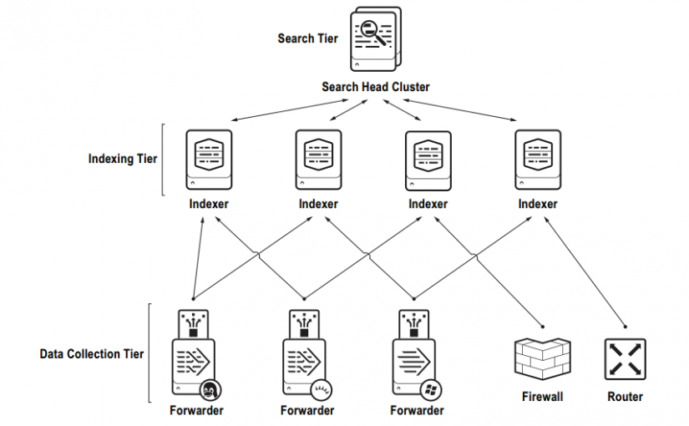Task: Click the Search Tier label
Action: [308, 38]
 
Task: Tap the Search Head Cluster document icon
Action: [374, 39]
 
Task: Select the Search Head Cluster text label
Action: [376, 87]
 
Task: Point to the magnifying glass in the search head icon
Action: [377, 35]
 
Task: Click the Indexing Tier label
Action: [123, 158]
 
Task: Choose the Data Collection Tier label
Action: [92, 354]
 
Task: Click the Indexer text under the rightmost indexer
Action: [537, 204]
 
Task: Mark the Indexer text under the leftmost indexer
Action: [208, 204]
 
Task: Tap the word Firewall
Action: [541, 397]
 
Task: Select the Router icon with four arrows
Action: [625, 359]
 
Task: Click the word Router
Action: [625, 397]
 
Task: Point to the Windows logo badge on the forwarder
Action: [431, 389]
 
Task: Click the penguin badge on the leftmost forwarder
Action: [210, 389]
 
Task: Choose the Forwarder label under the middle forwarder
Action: [307, 410]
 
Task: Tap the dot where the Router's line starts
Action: [625, 326]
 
